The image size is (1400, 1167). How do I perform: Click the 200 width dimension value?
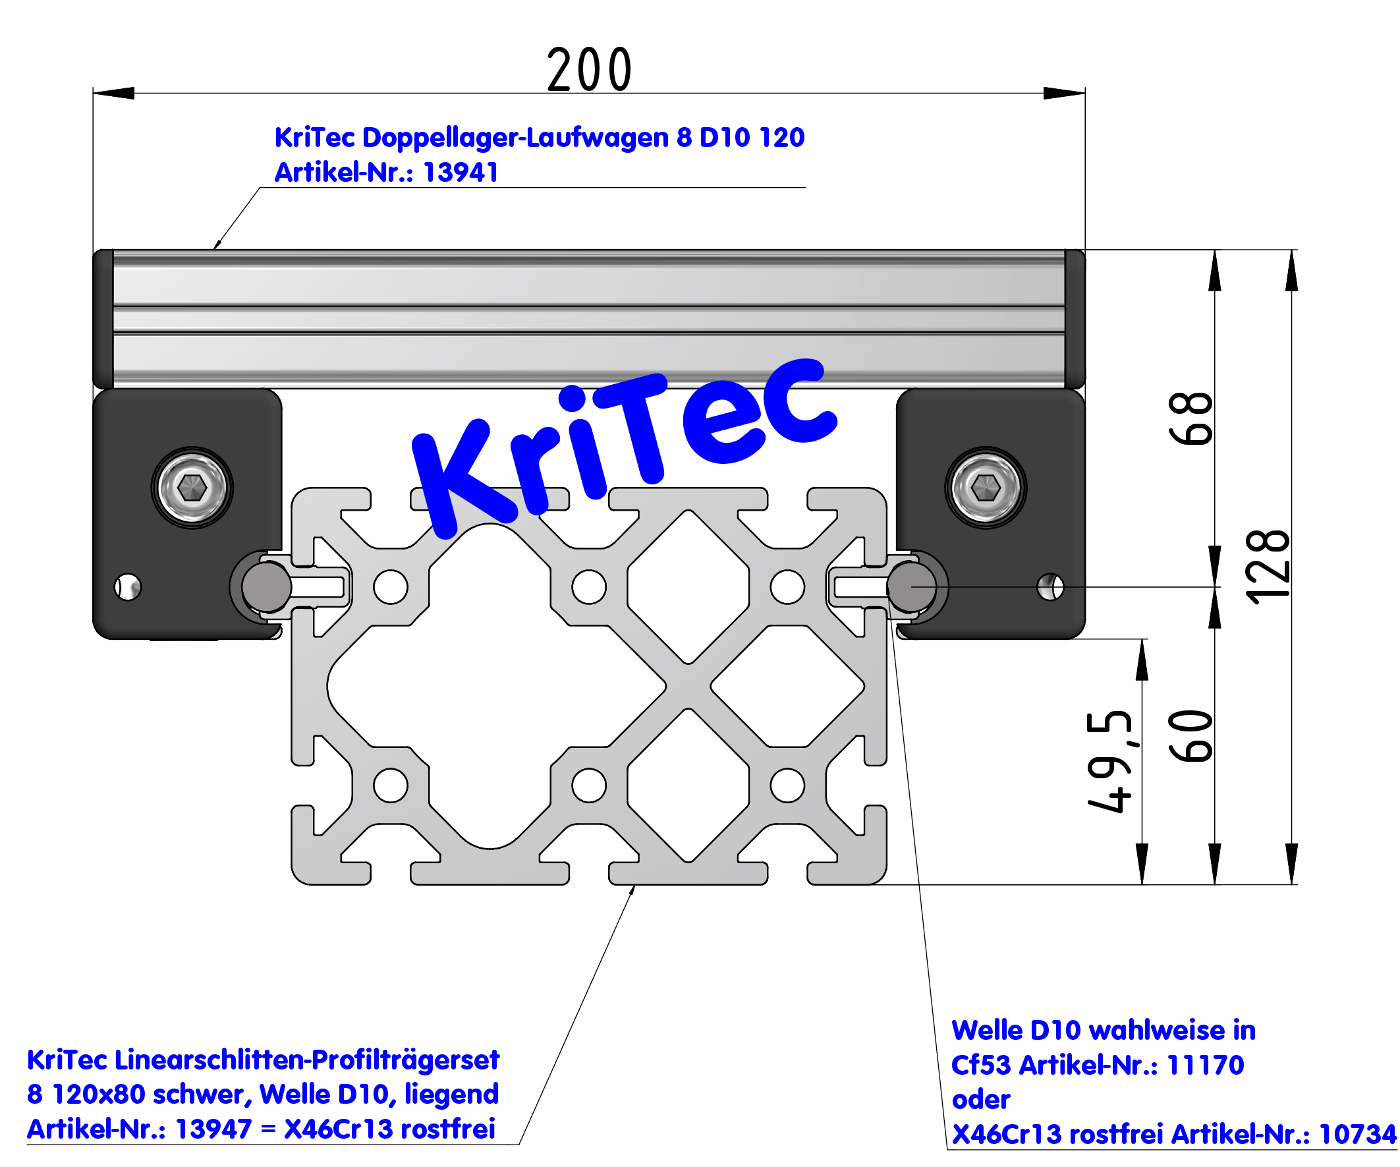pos(590,70)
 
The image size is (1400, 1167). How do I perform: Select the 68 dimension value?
pos(1190,418)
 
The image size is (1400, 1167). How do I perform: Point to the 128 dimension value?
pos(1267,567)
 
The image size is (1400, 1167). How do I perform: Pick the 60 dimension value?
pos(1190,735)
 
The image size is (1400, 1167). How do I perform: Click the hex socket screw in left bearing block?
pos(192,488)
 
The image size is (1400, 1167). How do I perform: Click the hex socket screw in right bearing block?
pos(986,488)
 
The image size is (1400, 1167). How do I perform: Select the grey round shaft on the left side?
pos(266,587)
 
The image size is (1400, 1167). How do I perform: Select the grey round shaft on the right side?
pos(911,587)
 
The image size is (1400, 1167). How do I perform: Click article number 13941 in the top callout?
pos(461,173)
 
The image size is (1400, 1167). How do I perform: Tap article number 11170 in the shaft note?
pos(1206,1065)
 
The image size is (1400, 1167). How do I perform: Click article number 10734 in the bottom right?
pos(1357,1134)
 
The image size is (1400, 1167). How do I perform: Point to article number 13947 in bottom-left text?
pos(213,1129)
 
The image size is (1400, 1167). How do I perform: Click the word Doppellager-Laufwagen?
pos(515,137)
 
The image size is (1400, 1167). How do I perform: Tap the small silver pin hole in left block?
pos(128,587)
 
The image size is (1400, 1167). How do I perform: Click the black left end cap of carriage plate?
pos(103,319)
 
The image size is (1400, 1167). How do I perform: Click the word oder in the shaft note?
pos(981,1100)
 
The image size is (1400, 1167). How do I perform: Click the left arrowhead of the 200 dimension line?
pos(113,93)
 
